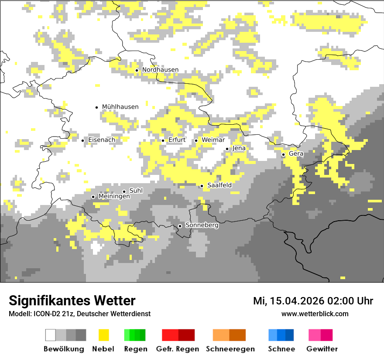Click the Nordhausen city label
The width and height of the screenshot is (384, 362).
(160, 70)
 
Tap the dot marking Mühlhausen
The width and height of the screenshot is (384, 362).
(97, 107)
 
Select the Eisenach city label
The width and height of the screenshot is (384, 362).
(102, 140)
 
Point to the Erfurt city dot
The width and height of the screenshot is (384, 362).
(163, 140)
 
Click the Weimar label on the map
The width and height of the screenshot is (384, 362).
(213, 140)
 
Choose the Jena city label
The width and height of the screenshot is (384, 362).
(239, 148)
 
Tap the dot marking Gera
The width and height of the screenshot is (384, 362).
(283, 154)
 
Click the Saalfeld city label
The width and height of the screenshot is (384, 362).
(219, 185)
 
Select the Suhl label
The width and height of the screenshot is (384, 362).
(136, 191)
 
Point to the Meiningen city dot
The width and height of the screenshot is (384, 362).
(93, 197)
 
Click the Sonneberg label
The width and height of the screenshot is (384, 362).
(202, 225)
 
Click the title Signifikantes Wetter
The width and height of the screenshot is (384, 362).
(72, 301)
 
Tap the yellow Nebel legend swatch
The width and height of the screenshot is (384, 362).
(103, 335)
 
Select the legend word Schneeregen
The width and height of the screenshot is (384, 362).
(230, 349)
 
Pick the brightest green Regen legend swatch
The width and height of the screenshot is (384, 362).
(127, 335)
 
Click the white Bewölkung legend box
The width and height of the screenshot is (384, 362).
(51, 335)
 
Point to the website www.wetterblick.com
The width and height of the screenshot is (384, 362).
(315, 314)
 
